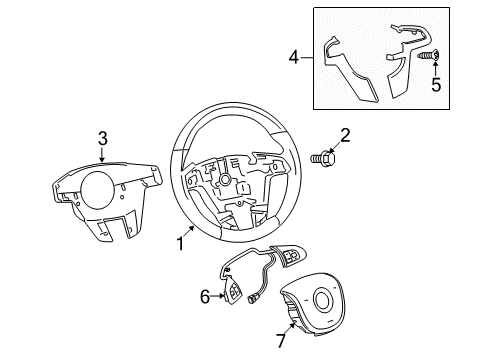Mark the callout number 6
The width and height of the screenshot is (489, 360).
(206, 296)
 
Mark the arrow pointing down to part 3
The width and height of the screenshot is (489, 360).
(102, 161)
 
